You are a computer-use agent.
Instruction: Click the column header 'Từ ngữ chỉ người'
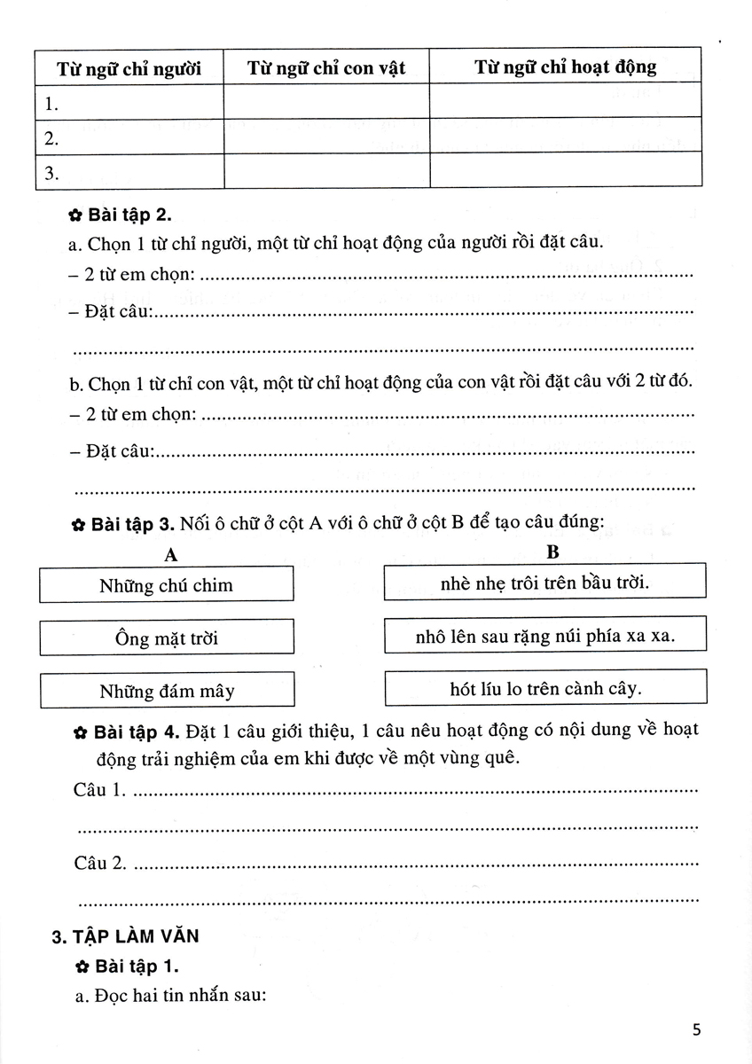(x=129, y=67)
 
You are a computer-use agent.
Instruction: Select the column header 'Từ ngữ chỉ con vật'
(x=326, y=67)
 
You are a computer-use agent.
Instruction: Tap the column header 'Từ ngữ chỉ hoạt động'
(x=566, y=66)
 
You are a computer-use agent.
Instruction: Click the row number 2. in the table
(x=51, y=138)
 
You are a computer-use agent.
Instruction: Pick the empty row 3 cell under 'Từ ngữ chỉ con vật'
(x=326, y=171)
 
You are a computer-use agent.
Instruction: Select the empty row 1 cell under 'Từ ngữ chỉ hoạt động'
(x=566, y=101)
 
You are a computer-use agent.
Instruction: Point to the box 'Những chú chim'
(x=167, y=585)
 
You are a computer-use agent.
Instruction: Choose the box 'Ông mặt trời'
(x=167, y=638)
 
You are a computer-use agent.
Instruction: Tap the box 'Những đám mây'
(x=167, y=691)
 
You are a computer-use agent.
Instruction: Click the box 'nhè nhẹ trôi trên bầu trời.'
(x=544, y=583)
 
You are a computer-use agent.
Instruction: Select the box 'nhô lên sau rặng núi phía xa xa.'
(x=545, y=636)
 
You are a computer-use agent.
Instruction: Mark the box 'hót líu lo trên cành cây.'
(x=545, y=687)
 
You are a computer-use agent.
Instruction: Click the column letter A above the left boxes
(x=172, y=555)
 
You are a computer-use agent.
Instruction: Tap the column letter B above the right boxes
(x=552, y=552)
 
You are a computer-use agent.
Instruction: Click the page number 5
(x=696, y=1029)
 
